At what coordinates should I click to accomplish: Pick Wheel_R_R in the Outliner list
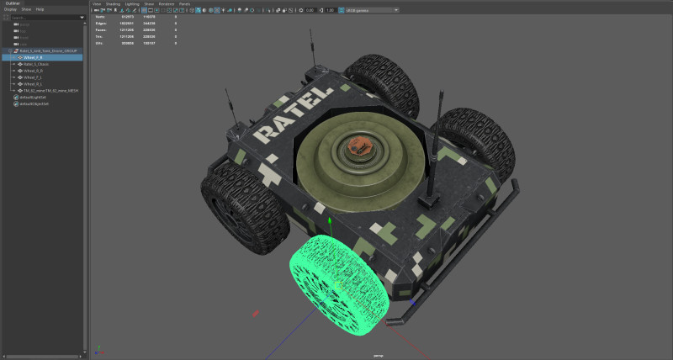pos(34,84)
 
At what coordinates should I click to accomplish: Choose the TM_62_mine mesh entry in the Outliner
pos(50,91)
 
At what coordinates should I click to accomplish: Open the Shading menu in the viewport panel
pos(113,3)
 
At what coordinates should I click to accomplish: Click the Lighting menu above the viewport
pos(133,3)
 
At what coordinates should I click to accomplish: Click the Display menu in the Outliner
pos(10,9)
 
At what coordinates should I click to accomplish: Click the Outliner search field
pos(42,16)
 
